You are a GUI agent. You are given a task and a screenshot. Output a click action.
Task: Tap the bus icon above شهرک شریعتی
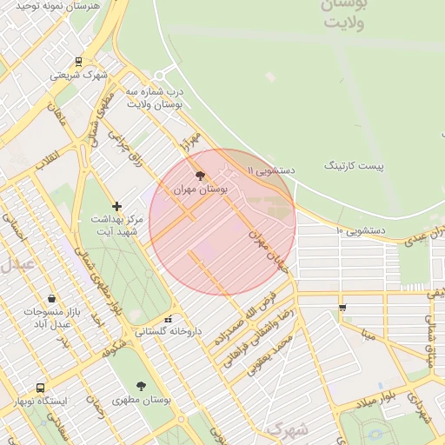[79, 61]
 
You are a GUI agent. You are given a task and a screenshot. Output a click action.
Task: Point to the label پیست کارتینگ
[354, 164]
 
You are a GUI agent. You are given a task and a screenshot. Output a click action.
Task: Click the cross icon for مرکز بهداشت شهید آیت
[117, 206]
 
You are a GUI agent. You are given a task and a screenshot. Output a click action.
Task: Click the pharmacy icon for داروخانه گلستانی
[169, 319]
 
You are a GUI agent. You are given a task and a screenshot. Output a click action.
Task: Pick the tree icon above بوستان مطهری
[141, 385]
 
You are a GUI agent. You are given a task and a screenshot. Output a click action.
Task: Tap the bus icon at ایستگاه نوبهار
[40, 388]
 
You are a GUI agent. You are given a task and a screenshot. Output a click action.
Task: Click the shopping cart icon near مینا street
[342, 307]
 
